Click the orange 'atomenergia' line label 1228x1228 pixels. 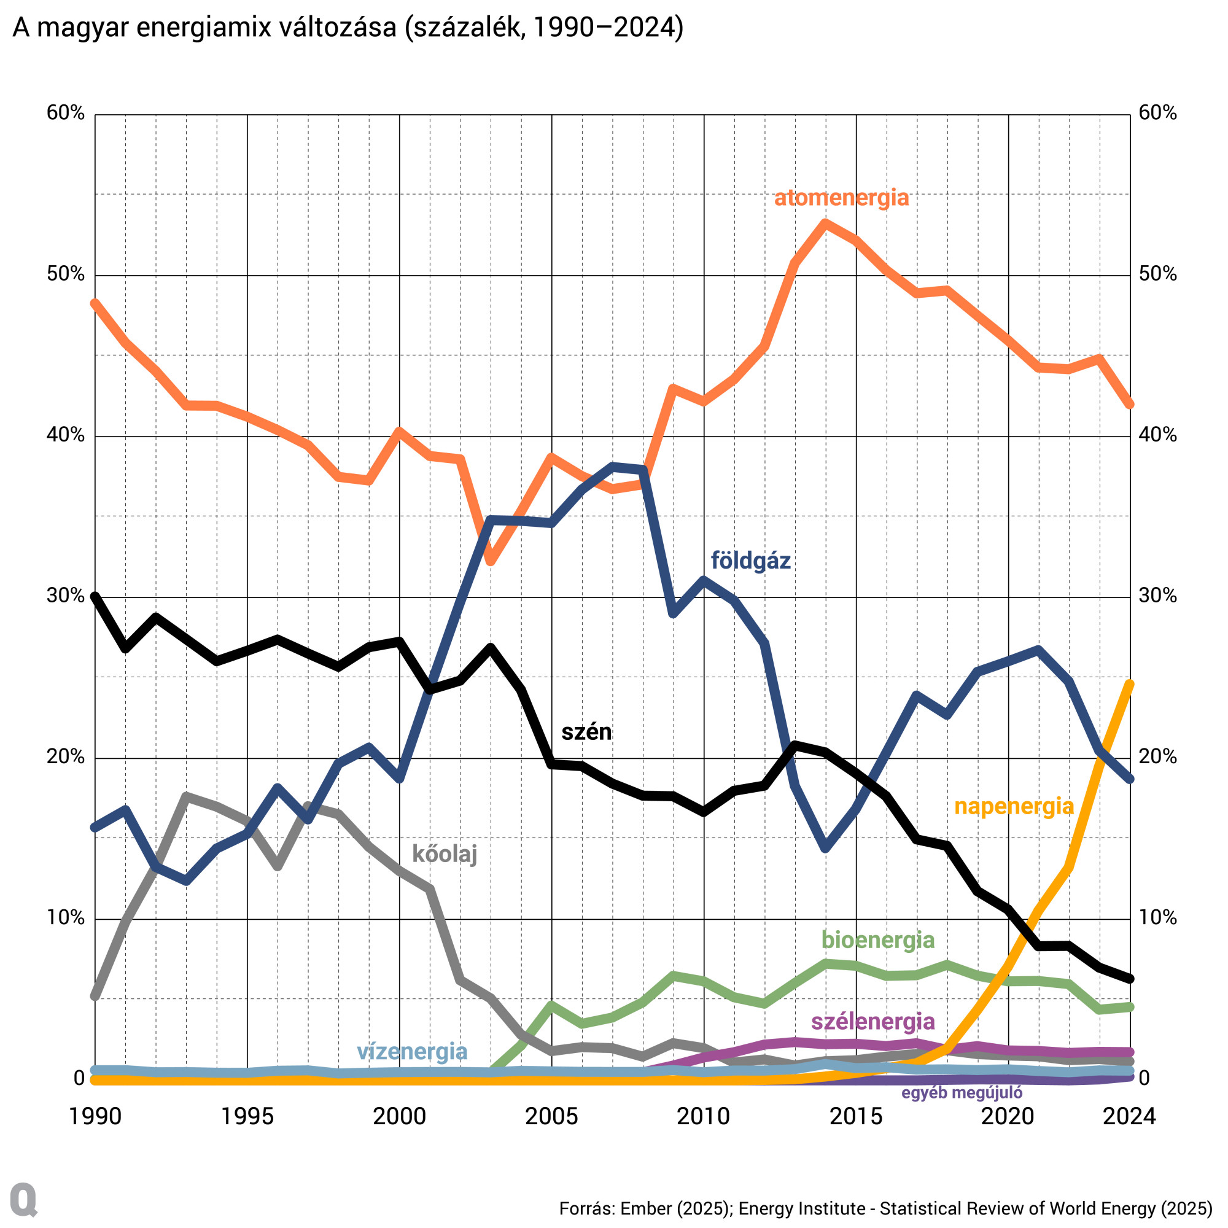[x=841, y=198]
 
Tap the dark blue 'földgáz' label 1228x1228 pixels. [x=750, y=561]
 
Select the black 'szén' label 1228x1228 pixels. [x=586, y=732]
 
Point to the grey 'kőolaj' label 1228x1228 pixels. [x=445, y=853]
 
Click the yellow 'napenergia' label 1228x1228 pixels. [x=1014, y=807]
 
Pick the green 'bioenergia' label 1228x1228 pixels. [x=878, y=939]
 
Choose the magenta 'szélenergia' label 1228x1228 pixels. [x=872, y=1022]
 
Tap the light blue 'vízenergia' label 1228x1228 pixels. [x=412, y=1051]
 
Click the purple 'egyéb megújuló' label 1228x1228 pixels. [x=962, y=1094]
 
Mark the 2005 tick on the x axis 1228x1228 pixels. [x=551, y=1117]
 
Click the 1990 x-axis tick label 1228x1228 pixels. [x=95, y=1117]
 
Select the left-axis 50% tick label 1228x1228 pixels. [x=66, y=274]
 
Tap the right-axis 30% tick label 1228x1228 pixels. [x=1157, y=596]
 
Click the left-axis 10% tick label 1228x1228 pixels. [x=66, y=918]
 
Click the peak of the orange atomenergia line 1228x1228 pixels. [x=825, y=223]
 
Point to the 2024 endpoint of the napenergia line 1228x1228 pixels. [x=1130, y=684]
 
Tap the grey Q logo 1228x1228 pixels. [x=23, y=1199]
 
